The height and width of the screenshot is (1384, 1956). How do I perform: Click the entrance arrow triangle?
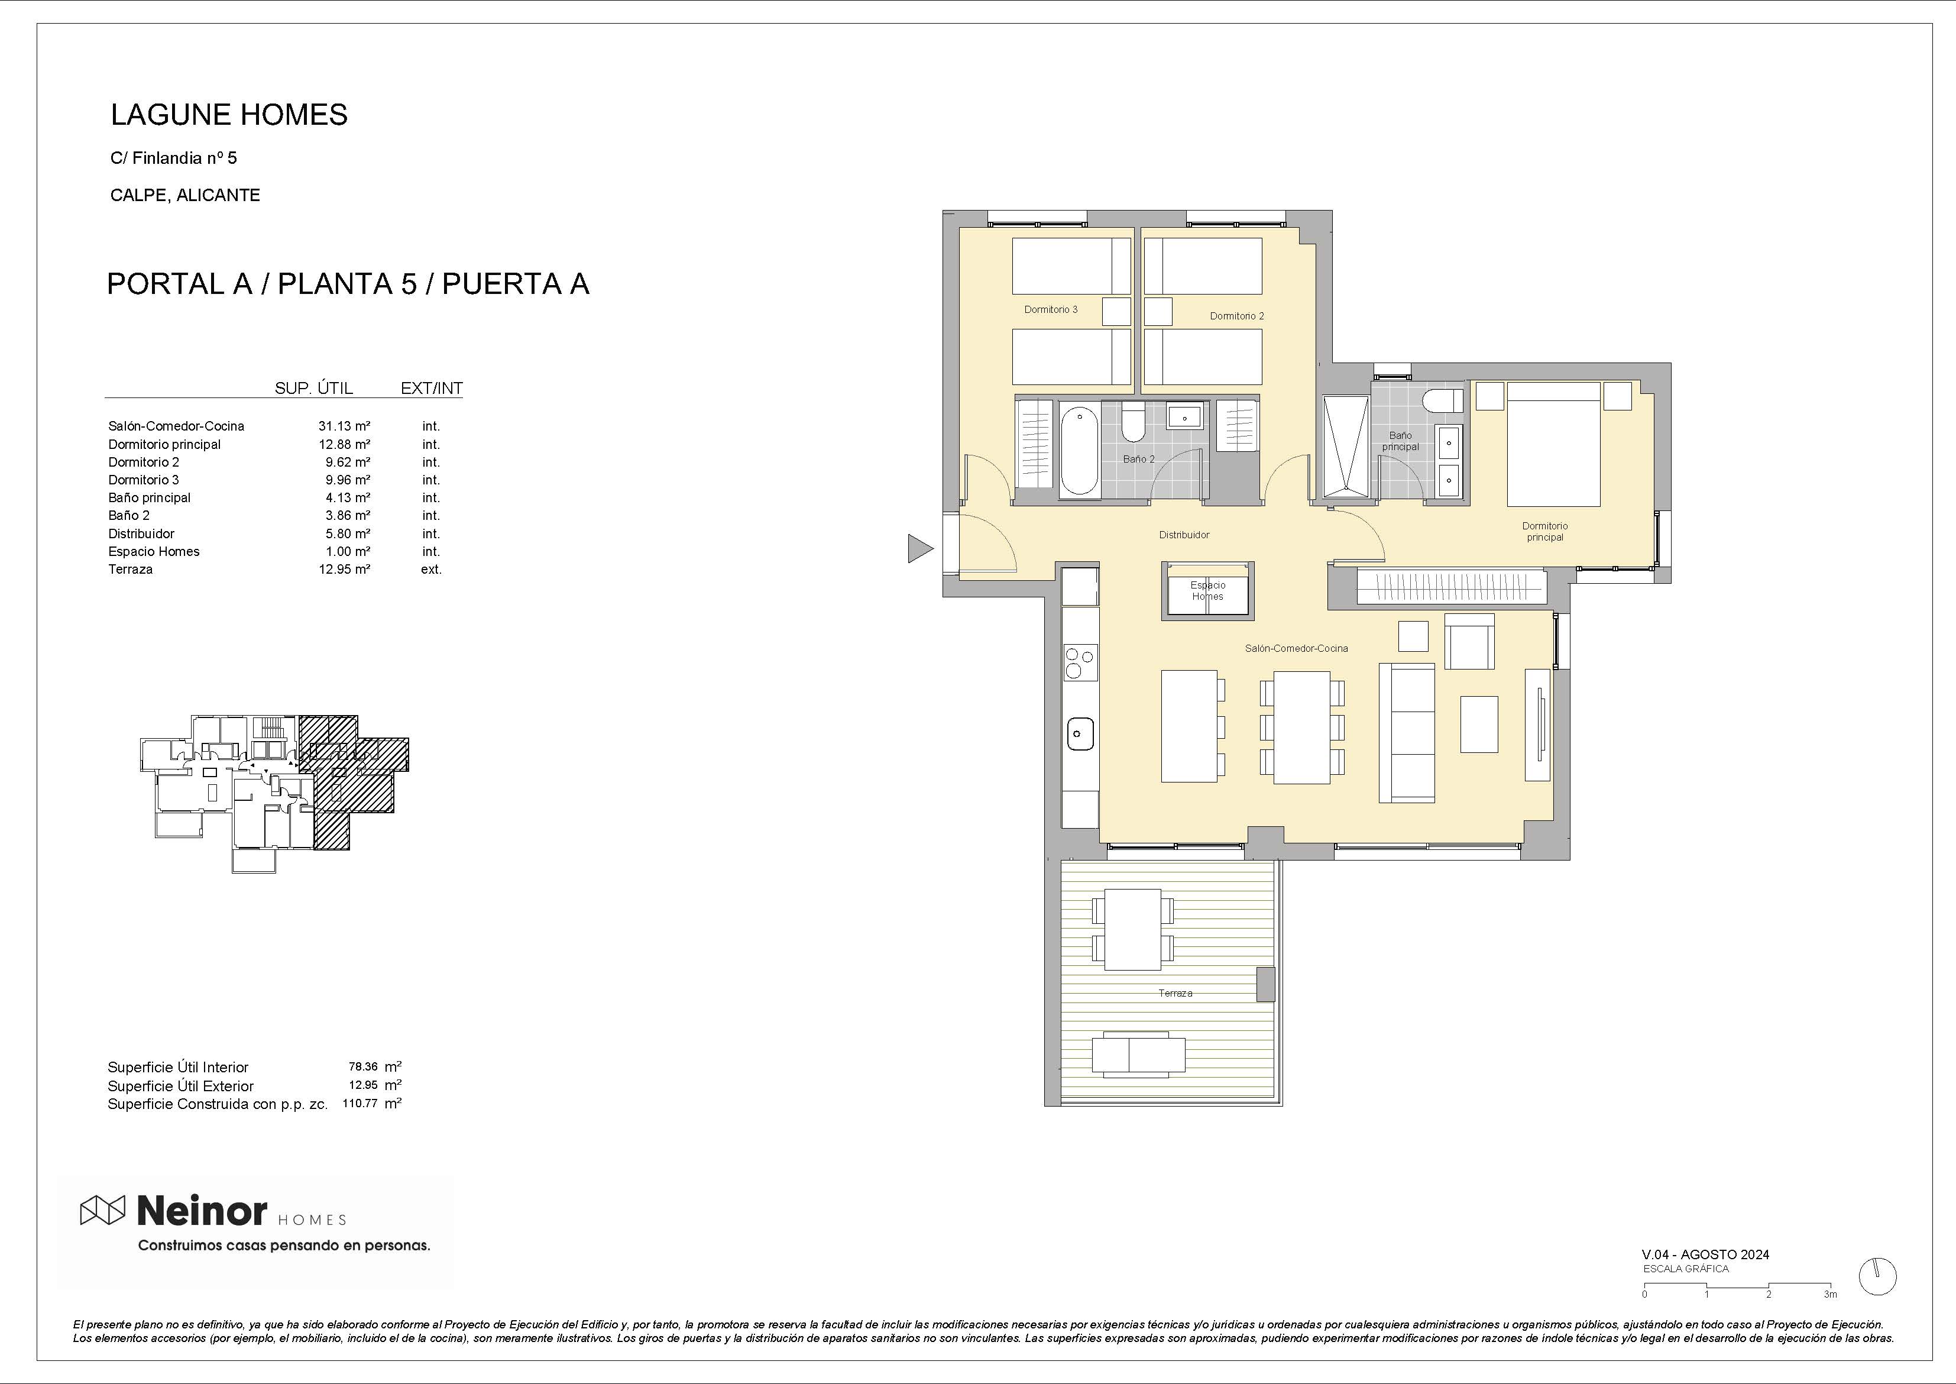point(919,548)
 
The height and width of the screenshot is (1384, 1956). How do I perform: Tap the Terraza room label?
point(1175,994)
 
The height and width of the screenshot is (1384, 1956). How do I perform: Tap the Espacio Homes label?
point(1208,591)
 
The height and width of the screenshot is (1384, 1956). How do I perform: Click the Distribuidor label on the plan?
point(1184,535)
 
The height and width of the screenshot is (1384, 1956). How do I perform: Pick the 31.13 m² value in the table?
point(344,426)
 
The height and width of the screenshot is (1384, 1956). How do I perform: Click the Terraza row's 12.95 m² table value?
point(344,570)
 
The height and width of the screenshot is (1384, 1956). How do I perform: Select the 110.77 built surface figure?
point(360,1104)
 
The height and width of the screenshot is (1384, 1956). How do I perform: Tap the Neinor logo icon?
point(102,1210)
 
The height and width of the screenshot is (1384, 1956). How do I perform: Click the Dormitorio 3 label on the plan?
point(1050,309)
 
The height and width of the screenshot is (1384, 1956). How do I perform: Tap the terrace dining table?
point(1132,930)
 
